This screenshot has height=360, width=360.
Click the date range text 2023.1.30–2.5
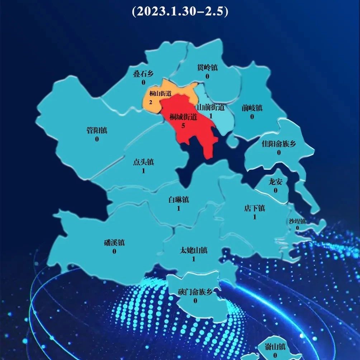coord(180,11)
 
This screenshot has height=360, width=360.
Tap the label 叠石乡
coord(143,74)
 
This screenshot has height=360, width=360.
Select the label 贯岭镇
coord(208,67)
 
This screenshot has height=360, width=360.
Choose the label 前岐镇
coord(252,108)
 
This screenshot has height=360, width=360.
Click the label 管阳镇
coord(97,130)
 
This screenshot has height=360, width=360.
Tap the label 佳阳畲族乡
coord(279,144)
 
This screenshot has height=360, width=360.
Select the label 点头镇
coord(143,162)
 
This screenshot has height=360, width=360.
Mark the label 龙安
coord(275,182)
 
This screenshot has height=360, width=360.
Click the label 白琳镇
coord(179,200)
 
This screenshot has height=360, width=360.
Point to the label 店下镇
coord(255,208)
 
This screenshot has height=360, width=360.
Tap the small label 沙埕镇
coord(297,221)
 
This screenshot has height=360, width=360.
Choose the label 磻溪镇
coord(114,243)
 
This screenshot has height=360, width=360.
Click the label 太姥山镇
coord(194,250)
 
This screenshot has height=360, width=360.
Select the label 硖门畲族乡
coord(195,292)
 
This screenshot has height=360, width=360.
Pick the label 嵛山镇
coord(275,347)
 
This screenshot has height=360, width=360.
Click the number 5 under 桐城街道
coord(183,126)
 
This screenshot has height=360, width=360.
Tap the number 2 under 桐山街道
coord(151,103)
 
